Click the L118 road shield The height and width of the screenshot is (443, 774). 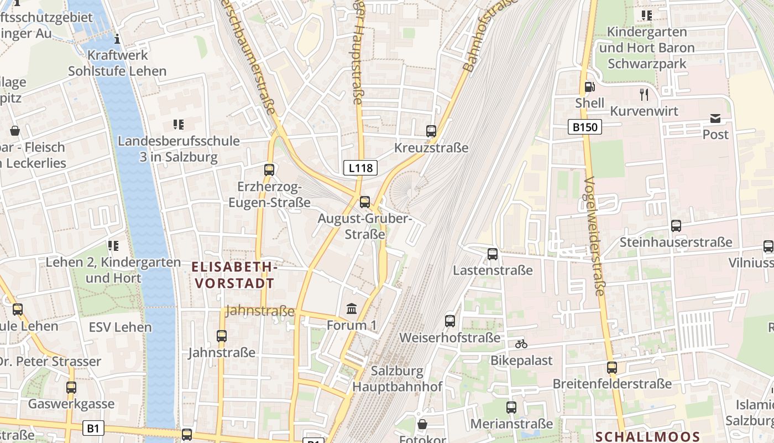coord(360,168)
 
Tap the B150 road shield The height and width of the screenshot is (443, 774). coord(585,127)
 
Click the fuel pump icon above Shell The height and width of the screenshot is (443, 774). coord(590,87)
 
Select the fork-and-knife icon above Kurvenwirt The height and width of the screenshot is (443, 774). coord(644,94)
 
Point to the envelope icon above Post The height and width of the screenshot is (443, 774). coord(715,118)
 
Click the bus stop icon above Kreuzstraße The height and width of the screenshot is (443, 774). coord(431,131)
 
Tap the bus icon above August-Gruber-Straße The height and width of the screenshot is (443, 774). coord(365,202)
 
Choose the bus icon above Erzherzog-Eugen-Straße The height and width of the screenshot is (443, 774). coord(269,170)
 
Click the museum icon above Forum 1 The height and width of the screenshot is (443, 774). coord(352,308)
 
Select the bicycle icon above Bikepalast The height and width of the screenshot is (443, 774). coord(521,344)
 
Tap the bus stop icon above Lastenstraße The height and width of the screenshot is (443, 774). coord(493,254)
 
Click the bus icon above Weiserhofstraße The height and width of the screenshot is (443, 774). coord(450,321)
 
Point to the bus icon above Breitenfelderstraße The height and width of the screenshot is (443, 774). coord(612,367)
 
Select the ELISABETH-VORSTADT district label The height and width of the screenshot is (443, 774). coord(234,275)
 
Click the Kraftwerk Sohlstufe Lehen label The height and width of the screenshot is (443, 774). coord(117,63)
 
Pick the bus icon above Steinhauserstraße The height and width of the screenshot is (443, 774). coord(676,225)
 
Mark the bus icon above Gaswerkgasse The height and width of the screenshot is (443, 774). coord(71,388)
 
